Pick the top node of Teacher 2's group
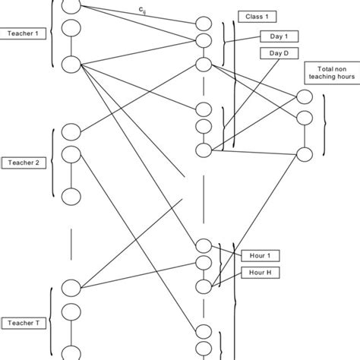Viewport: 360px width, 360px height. click(x=71, y=131)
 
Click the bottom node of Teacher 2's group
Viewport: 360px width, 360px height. click(x=71, y=196)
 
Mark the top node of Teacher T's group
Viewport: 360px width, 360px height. click(x=71, y=287)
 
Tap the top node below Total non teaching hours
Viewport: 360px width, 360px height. click(x=305, y=96)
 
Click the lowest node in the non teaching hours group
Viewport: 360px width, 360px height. click(x=305, y=154)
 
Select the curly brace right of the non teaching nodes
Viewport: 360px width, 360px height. click(x=326, y=125)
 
